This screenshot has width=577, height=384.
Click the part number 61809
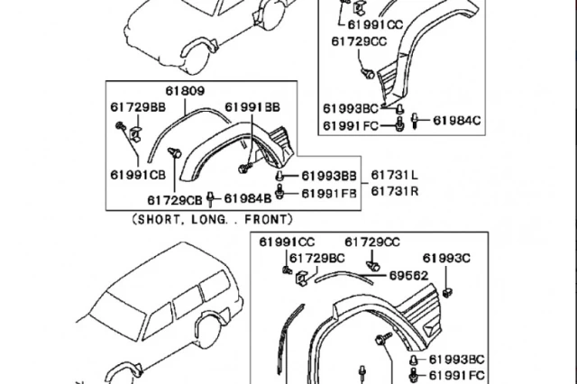point(185,91)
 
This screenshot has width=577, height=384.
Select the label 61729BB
point(138,106)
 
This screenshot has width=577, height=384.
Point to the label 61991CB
point(138,174)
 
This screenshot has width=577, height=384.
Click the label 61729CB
point(174,199)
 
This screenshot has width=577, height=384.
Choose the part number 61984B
point(247,199)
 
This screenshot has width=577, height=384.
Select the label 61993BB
point(329,176)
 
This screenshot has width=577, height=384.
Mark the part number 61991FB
point(329,192)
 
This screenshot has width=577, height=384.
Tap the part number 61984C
point(457,120)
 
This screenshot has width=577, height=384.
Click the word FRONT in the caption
point(269,218)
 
